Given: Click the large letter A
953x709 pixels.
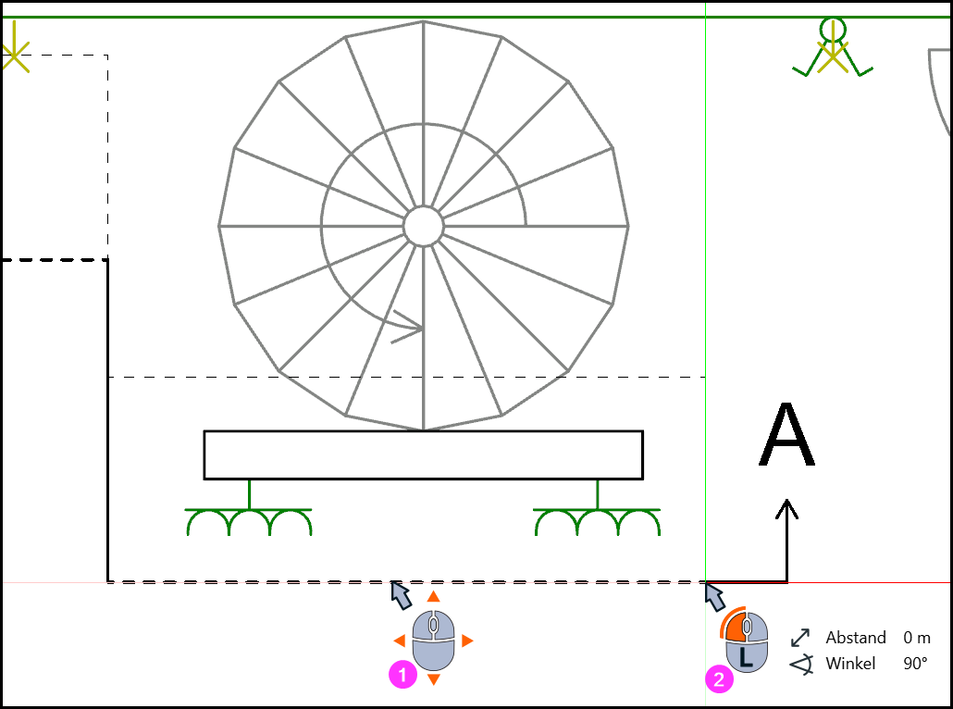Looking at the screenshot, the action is (787, 434).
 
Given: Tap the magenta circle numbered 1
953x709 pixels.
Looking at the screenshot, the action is (402, 675).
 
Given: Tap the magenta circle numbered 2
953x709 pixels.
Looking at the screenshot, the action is (719, 678).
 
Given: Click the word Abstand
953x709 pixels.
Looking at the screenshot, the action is (855, 637).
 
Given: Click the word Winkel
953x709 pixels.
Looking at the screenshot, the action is (850, 663).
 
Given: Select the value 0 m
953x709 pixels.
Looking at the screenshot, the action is (917, 637).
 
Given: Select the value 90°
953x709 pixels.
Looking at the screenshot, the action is (915, 663).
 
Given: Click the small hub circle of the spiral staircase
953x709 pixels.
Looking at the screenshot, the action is (424, 226).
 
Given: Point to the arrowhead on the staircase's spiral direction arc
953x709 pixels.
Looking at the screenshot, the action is (408, 327).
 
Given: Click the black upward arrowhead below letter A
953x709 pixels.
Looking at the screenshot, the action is (787, 508).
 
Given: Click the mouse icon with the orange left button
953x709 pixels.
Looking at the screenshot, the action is (747, 641).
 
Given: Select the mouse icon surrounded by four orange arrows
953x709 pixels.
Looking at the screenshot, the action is (433, 639).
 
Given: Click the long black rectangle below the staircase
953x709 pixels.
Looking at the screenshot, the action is (424, 454).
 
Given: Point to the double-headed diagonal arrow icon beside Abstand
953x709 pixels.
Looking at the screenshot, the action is (800, 637).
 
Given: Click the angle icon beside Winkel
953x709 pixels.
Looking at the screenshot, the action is (801, 665).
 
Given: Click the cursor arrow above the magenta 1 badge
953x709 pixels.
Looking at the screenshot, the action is (401, 594).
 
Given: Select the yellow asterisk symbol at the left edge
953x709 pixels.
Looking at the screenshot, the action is (14, 56).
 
